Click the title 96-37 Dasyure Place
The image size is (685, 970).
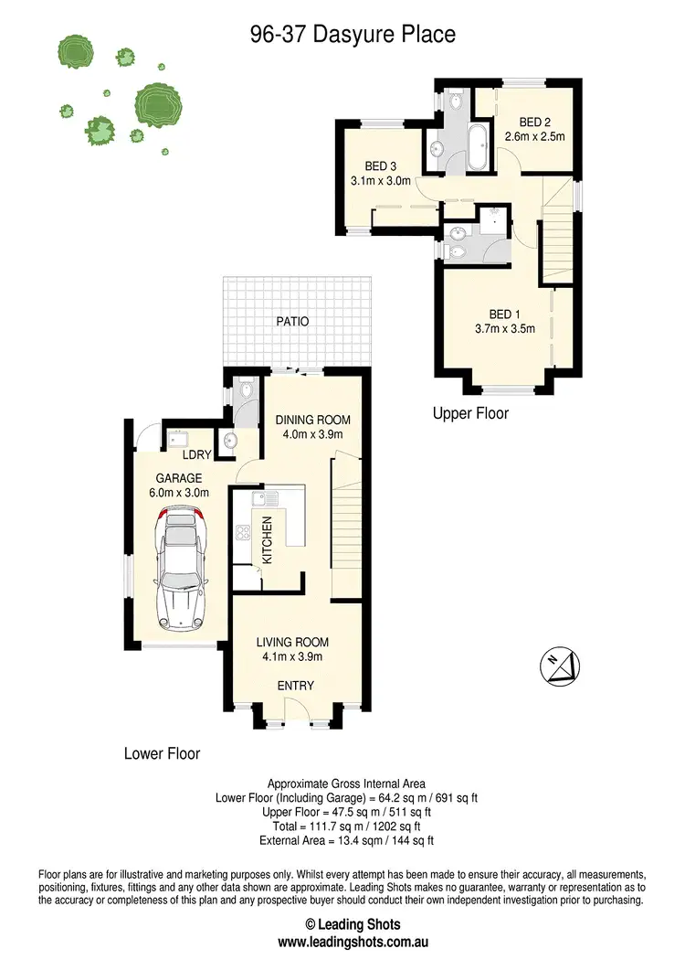click(353, 36)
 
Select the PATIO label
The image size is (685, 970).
click(294, 322)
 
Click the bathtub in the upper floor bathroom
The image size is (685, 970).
click(477, 149)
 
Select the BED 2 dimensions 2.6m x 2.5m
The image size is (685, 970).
click(535, 137)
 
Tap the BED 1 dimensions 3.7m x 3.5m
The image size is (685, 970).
click(505, 329)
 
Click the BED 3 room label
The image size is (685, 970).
click(380, 166)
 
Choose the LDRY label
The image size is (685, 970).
click(196, 454)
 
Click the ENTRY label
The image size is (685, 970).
click(295, 686)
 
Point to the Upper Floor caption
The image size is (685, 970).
click(470, 414)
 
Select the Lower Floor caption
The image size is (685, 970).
click(162, 754)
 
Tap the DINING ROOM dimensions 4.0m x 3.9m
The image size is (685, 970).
click(313, 435)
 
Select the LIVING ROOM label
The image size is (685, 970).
click(292, 642)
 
